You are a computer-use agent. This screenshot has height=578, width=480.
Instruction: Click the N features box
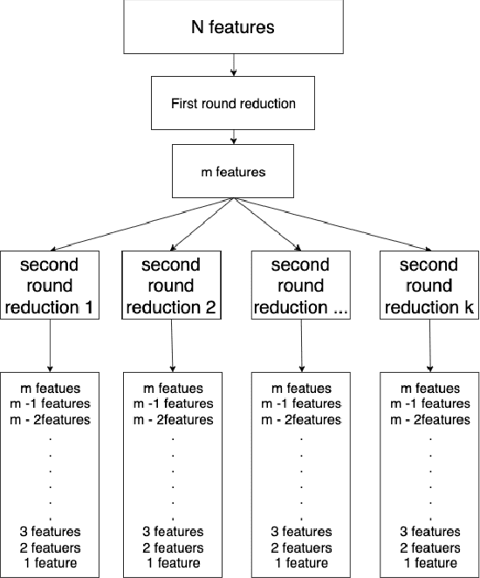click(x=232, y=26)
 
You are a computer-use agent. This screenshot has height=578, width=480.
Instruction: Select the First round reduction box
click(x=232, y=103)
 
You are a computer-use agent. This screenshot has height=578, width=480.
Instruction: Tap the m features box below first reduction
click(x=232, y=171)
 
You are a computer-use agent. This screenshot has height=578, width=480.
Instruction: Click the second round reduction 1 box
click(x=51, y=286)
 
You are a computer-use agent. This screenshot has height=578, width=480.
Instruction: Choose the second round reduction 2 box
click(x=170, y=286)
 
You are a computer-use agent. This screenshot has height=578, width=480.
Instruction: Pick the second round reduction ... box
click(x=299, y=286)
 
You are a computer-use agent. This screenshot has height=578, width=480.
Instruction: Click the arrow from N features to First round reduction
click(x=233, y=65)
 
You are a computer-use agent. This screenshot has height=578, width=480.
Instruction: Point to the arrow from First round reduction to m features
click(x=233, y=137)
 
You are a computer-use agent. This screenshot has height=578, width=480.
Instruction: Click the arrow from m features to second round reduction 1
click(x=140, y=224)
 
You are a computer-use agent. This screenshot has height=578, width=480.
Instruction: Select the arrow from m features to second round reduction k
click(x=332, y=224)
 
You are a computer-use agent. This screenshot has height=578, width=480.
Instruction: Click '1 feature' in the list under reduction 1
click(x=51, y=562)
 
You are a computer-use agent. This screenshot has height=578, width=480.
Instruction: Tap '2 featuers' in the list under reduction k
click(x=429, y=547)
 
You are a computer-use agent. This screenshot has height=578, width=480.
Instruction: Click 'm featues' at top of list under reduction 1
click(x=51, y=388)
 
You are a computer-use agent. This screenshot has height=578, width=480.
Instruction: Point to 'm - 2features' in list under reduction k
click(x=429, y=419)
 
